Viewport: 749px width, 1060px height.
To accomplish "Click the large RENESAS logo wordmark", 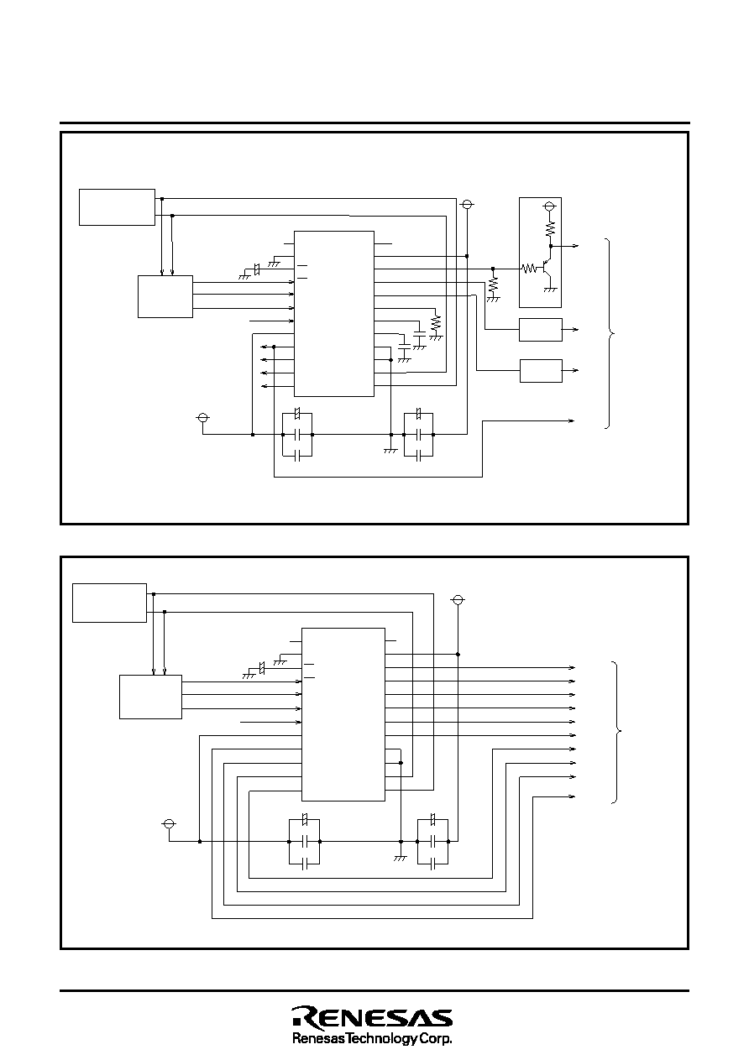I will coord(372,1017).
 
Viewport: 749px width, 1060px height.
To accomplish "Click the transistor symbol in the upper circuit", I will coord(545,269).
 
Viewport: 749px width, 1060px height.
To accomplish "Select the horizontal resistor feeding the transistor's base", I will coord(529,269).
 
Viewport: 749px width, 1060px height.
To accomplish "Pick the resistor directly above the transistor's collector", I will coord(551,227).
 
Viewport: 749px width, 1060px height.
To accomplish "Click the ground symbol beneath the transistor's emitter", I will coord(551,289).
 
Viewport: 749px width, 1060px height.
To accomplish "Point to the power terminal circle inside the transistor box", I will coord(551,206).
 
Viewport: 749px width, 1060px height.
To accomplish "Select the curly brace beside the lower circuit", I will coord(620,733).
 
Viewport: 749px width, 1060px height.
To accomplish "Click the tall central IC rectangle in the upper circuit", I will coord(333,313).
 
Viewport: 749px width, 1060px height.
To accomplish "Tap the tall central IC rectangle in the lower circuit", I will coord(343,714).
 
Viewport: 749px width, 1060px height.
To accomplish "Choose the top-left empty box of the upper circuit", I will coord(117,207).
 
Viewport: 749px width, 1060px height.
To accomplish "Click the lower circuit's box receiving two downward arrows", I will coord(150,697).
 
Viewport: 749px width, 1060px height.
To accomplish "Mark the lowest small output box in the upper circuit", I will coord(541,370).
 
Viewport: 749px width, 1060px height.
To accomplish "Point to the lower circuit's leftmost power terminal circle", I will coord(169,823).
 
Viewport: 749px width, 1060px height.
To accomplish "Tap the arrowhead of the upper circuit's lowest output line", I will coord(573,419).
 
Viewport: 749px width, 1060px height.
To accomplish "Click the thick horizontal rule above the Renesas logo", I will coord(374,991).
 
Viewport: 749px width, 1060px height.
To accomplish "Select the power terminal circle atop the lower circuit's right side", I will coord(458,600).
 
